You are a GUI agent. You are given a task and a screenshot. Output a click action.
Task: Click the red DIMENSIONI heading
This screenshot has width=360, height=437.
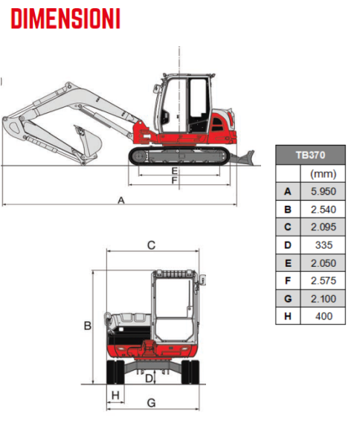tap(65, 19)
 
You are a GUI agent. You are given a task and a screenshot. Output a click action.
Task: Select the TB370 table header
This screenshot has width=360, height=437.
tap(310, 155)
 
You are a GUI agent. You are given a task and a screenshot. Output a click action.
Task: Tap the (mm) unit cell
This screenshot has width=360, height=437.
tap(324, 174)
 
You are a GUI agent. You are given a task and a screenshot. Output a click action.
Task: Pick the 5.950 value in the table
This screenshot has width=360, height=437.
tap(324, 192)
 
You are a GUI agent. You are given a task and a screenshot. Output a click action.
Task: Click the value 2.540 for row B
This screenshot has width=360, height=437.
tap(324, 210)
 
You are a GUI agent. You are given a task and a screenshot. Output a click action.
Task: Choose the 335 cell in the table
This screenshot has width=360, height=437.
tap(324, 245)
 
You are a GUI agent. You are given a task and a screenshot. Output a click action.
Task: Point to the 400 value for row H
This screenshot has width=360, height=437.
tap(324, 316)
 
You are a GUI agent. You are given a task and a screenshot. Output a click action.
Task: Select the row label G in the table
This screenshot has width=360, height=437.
tap(288, 299)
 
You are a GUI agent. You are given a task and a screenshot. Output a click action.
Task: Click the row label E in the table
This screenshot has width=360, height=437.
tap(288, 263)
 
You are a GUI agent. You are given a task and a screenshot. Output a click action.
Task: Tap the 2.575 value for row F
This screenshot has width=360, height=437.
tap(324, 281)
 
